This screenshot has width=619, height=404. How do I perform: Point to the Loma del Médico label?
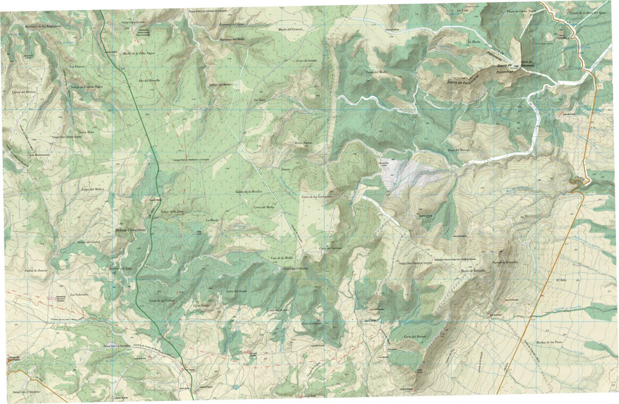point(93,190)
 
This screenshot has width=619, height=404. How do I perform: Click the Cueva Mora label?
point(86,132)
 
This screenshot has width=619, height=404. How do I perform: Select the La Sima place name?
point(259,99)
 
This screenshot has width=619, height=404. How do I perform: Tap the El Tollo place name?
point(561,280)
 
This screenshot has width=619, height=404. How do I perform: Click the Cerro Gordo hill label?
point(201,305)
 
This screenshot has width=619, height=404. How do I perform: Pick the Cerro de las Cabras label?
point(160,300)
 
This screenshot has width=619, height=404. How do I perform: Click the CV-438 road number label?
point(579,179)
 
